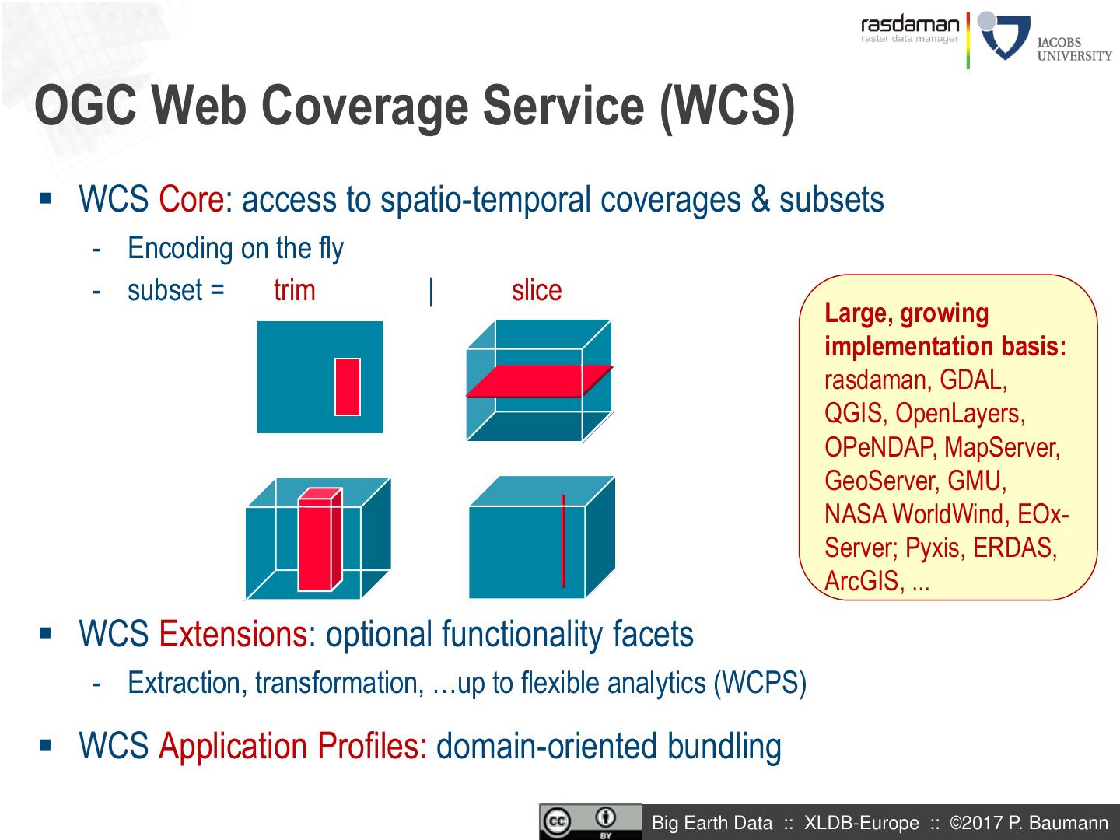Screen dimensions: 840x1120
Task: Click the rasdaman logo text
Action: pyautogui.click(x=910, y=25)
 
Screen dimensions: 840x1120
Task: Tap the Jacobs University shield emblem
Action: pyautogui.click(x=1004, y=37)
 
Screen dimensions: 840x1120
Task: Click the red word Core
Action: pyautogui.click(x=191, y=200)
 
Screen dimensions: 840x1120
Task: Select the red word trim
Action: pyautogui.click(x=294, y=291)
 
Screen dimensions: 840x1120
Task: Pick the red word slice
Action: pyautogui.click(x=536, y=291)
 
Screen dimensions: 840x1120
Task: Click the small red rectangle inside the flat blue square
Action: pyautogui.click(x=348, y=387)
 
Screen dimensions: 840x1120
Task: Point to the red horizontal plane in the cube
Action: pyautogui.click(x=538, y=381)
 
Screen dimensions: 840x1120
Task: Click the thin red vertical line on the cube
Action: pyautogui.click(x=563, y=541)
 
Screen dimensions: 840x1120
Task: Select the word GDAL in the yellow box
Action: pyautogui.click(x=972, y=380)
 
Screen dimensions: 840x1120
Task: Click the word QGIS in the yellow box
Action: pyautogui.click(x=853, y=414)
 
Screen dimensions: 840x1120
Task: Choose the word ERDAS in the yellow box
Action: pyautogui.click(x=1014, y=548)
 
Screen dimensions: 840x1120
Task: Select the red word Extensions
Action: pyautogui.click(x=233, y=635)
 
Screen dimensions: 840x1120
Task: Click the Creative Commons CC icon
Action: pyautogui.click(x=557, y=822)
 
